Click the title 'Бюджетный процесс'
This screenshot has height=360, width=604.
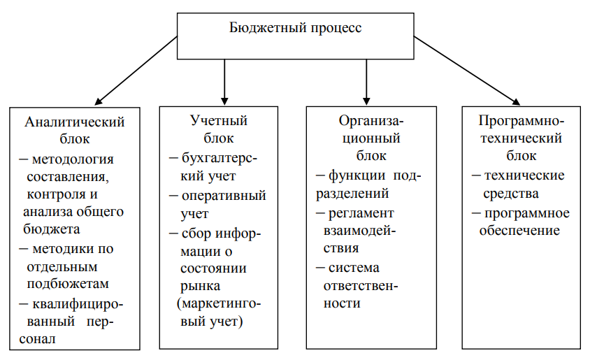tap(296, 28)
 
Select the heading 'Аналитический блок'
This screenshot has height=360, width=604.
tap(75, 130)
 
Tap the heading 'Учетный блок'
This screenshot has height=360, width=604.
tap(219, 129)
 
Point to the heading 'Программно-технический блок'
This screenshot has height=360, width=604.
tap(522, 138)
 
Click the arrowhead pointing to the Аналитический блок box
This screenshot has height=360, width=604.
tap(99, 101)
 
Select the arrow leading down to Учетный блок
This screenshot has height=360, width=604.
tap(224, 82)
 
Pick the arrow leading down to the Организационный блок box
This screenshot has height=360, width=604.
tap(366, 82)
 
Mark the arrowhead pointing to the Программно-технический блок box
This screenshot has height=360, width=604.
tap(516, 101)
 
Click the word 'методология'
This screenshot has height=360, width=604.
tap(73, 159)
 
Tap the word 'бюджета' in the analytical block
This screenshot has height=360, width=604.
tap(52, 229)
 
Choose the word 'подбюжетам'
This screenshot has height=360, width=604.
tap(68, 284)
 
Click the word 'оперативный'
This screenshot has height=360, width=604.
tap(224, 196)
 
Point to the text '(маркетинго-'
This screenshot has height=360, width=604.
tap(219, 304)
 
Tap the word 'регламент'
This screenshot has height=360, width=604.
tap(361, 213)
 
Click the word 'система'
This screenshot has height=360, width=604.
tap(354, 268)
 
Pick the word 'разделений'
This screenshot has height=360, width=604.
tap(352, 194)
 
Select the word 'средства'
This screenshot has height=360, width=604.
tap(511, 194)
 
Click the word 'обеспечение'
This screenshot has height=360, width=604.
tap(519, 231)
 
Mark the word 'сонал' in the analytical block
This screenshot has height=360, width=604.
tap(37, 339)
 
